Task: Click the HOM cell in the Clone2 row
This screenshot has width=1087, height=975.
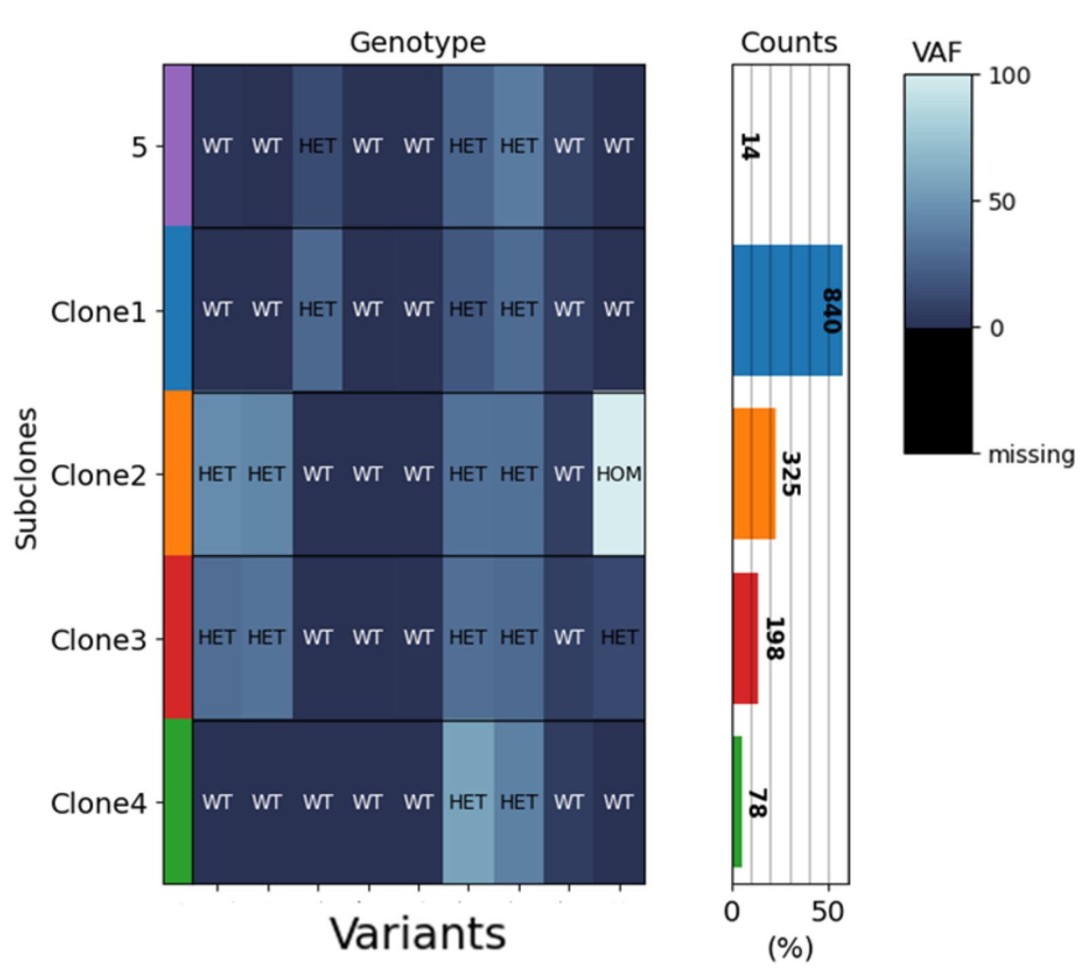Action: (619, 474)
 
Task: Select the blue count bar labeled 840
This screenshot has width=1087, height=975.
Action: (787, 310)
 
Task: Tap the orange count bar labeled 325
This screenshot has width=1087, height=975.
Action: (754, 474)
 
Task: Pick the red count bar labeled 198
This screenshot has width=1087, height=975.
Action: (745, 638)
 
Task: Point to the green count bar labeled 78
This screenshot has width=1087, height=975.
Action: (737, 802)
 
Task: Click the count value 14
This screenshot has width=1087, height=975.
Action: (749, 147)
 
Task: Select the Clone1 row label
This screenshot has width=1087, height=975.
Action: (99, 312)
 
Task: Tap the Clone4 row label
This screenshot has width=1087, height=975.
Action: (99, 803)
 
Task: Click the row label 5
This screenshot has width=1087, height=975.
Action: (139, 147)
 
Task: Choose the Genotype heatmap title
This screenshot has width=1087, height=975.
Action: (418, 42)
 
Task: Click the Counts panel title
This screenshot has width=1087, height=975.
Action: (789, 42)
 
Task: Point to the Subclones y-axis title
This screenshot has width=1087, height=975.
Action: (26, 479)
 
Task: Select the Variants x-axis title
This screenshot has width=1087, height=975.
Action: (418, 934)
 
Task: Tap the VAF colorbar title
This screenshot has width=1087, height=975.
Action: (937, 52)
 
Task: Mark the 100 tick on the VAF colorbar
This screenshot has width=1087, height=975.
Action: (1010, 75)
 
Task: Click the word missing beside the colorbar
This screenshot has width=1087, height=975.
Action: (1031, 454)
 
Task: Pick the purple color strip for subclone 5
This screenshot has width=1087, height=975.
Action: (178, 146)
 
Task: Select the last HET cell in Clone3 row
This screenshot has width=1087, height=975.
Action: (619, 638)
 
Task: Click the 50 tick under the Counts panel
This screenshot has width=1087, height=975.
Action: (827, 911)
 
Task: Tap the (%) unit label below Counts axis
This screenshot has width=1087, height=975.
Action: (790, 947)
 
